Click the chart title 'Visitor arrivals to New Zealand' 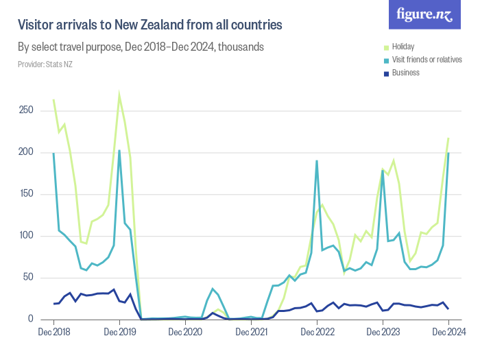(x=149, y=25)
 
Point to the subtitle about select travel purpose (x=141, y=47)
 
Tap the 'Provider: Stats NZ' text (x=45, y=64)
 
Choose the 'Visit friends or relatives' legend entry (x=427, y=60)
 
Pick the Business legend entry (x=405, y=73)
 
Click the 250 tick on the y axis (x=25, y=110)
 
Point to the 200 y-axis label (x=25, y=152)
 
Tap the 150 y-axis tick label (x=25, y=194)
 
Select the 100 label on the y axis (x=25, y=236)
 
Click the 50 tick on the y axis (x=27, y=278)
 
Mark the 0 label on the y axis (x=30, y=320)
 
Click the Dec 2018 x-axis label (x=53, y=333)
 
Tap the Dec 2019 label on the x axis (x=119, y=333)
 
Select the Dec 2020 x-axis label (x=185, y=333)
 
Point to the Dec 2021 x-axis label (x=251, y=333)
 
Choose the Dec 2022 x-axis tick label (x=317, y=333)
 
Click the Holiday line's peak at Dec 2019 (x=119, y=95)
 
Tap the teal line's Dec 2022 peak (x=317, y=161)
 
